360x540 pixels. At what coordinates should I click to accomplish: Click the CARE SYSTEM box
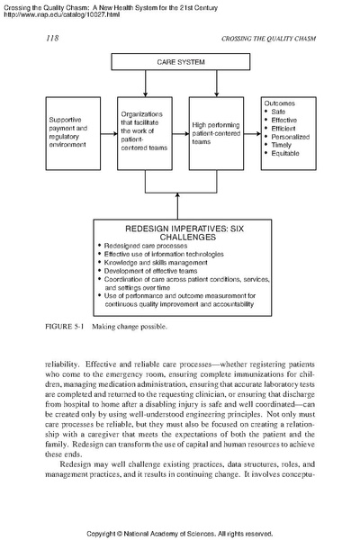tap(178, 65)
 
